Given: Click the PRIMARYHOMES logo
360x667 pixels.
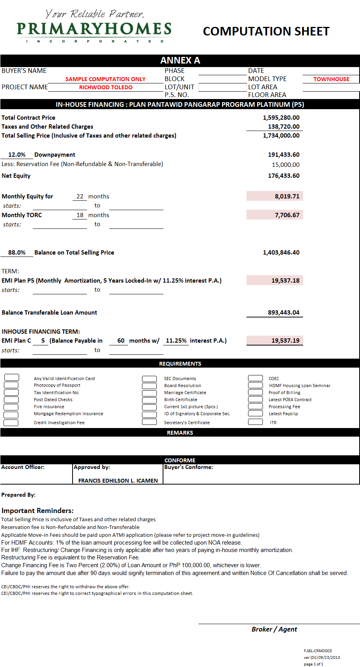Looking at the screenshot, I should point(94,28).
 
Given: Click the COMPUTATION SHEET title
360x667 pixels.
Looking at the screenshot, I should point(266,31).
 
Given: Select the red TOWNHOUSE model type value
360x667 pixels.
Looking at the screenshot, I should point(331,79).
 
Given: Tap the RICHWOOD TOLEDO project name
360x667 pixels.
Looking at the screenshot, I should point(106,87).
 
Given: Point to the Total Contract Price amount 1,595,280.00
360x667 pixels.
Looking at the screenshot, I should point(281,118).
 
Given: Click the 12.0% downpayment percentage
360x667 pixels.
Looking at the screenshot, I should point(17,155).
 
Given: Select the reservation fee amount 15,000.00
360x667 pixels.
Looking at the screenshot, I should point(286,165).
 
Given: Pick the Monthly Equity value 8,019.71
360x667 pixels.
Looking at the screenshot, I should point(287,196).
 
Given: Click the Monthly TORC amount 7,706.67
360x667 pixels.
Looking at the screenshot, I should point(287,215).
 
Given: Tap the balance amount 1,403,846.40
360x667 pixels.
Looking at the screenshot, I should point(281,253).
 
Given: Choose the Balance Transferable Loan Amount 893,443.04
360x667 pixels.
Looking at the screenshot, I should point(284,313).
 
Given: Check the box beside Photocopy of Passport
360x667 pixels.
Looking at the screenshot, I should point(11,385).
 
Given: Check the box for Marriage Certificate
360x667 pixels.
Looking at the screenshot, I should point(149,393).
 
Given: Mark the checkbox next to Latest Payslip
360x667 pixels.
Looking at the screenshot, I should point(255,414).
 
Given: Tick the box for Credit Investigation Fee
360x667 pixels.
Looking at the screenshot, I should point(11,423).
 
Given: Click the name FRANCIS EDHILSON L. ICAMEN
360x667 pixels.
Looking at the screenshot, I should point(118,481).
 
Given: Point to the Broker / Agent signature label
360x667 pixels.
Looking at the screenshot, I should point(274,629).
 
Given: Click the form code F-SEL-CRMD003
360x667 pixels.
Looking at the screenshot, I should point(317,651).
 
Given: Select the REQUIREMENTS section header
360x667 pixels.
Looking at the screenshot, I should point(180,364).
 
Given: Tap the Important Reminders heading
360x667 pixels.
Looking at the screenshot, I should point(37,511).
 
